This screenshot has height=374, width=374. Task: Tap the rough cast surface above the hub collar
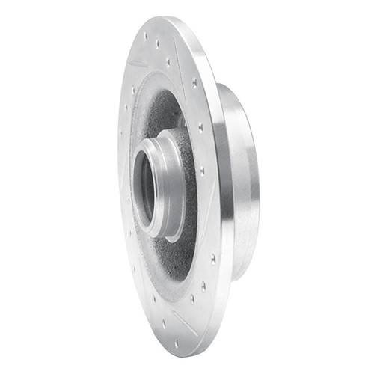(161, 112)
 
